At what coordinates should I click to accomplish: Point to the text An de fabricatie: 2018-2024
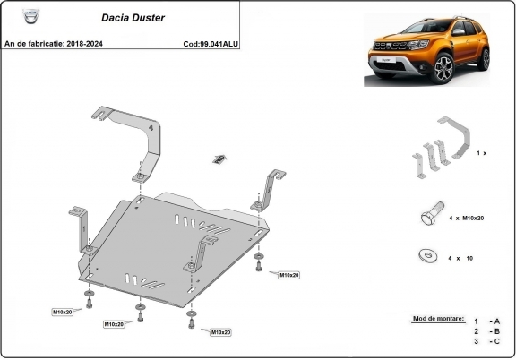(54, 42)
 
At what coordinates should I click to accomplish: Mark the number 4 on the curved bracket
(150, 130)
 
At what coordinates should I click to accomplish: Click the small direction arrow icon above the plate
(218, 159)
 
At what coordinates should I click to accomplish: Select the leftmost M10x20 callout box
(67, 311)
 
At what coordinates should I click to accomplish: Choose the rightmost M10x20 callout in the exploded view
(289, 275)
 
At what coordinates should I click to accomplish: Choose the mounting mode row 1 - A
(487, 321)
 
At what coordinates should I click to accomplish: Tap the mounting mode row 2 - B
(487, 331)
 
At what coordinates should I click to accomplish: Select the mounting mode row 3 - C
(487, 342)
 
